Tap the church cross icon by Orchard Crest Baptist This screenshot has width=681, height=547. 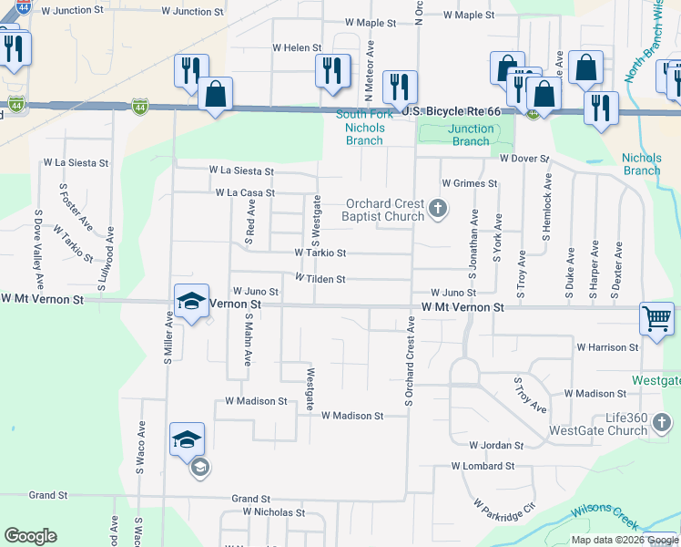438,210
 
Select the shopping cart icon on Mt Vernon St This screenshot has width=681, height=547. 656,319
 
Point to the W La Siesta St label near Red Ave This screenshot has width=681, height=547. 241,170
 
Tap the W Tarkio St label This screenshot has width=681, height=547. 320,253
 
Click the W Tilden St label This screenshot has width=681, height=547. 320,279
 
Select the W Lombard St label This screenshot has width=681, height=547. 483,466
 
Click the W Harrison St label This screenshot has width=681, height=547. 607,347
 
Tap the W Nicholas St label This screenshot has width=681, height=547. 261,513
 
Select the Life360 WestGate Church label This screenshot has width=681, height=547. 611,424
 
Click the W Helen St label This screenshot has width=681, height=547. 297,47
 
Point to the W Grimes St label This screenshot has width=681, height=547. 469,183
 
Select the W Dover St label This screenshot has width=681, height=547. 524,159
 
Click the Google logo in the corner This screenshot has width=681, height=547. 30,536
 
